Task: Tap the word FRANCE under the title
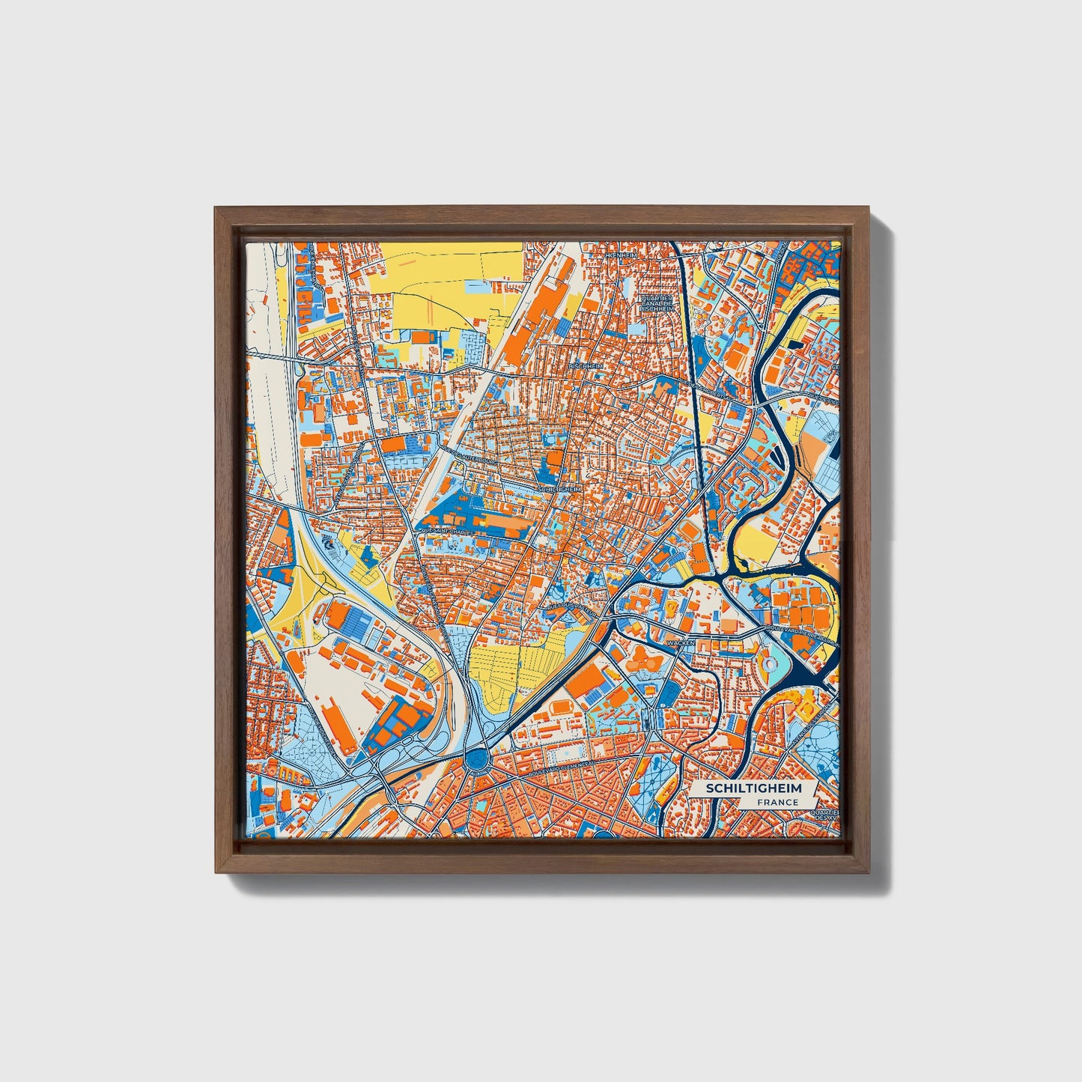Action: (x=776, y=802)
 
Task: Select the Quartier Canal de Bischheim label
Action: (x=657, y=302)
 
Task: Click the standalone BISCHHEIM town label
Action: (x=585, y=365)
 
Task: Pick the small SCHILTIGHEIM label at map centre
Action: (x=559, y=488)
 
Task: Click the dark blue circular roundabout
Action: (x=475, y=761)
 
